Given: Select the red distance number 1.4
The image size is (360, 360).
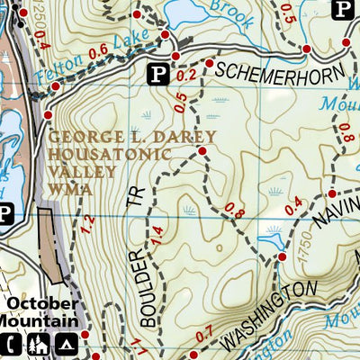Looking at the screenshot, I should click(158, 238).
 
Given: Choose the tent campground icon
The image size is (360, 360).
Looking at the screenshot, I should click(65, 343).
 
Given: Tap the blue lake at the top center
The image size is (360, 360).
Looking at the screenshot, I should click(190, 12).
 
